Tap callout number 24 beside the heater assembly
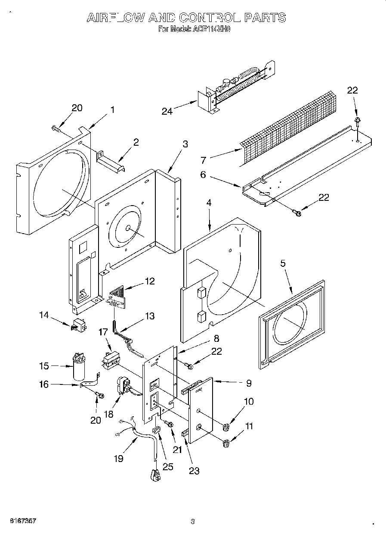[167, 111]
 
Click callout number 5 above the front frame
[283, 264]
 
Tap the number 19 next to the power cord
[118, 459]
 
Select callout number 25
[168, 467]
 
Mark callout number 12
[150, 281]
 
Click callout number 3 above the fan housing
[185, 144]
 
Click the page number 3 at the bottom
[193, 522]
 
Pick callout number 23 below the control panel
[194, 471]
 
